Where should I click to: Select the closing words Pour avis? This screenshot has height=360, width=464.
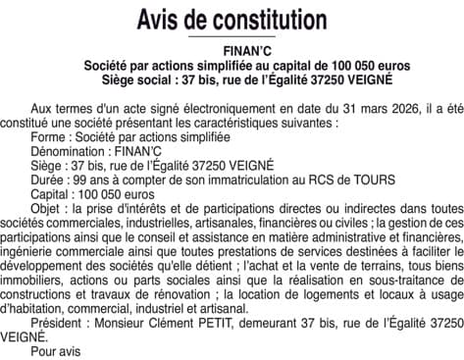(x=55, y=351)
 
